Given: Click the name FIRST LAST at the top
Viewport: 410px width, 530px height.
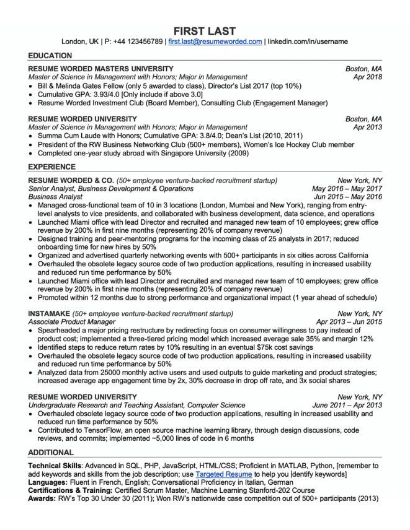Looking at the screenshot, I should click(x=204, y=30).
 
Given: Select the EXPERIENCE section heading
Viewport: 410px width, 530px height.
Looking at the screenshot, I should click(x=52, y=167).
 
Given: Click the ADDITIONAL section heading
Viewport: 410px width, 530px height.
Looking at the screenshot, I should click(x=51, y=452).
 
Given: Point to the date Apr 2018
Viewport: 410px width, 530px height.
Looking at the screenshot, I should click(x=368, y=77).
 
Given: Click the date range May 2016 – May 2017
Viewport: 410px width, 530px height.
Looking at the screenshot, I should click(x=347, y=188).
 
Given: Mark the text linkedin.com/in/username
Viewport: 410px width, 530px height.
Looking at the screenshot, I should click(x=308, y=42).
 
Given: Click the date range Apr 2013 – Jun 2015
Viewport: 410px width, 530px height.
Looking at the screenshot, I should click(x=349, y=322).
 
